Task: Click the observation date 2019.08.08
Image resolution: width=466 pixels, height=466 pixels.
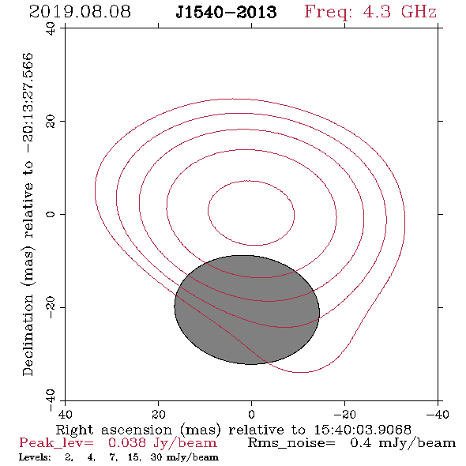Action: [80, 12]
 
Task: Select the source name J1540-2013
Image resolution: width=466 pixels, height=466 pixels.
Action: [226, 13]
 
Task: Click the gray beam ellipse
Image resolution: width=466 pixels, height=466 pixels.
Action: [247, 310]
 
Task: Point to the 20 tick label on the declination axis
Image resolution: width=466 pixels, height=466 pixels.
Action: [51, 122]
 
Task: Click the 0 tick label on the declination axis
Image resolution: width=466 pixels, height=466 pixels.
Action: [51, 214]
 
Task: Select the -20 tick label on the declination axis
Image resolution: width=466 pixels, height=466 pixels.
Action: [51, 307]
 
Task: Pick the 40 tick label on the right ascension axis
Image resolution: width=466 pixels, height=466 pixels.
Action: [65, 414]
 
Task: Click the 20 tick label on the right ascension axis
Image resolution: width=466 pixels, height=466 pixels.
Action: [159, 414]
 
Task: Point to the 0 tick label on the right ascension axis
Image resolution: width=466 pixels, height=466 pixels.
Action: [251, 414]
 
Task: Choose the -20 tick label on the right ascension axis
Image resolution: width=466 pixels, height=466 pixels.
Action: [344, 414]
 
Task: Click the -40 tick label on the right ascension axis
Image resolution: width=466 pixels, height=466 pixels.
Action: [438, 414]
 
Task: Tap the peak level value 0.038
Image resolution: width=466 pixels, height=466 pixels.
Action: [127, 443]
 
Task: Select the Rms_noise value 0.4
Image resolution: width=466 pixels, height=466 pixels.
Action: [361, 443]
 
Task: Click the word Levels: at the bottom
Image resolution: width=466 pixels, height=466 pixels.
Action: [35, 457]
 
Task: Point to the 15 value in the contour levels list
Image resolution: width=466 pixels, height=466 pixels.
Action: [134, 457]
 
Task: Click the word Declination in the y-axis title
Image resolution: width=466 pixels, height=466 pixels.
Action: [28, 336]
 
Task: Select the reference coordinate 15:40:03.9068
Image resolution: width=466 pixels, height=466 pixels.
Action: [363, 430]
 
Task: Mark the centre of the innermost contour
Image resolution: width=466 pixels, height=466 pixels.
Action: [251, 213]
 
